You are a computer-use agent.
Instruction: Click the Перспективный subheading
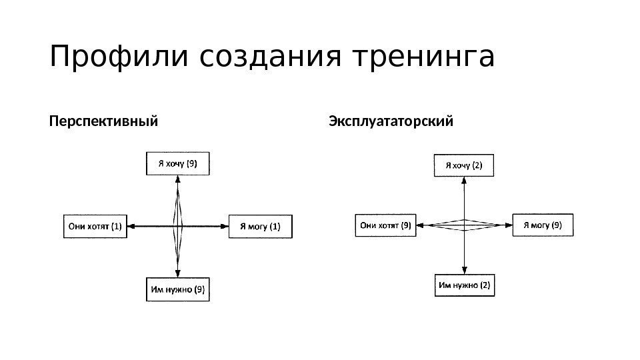(103, 123)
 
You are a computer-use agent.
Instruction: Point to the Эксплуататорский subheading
(391, 123)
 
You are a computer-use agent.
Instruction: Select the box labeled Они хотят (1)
(95, 226)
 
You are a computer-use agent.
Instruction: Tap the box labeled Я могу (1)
(260, 226)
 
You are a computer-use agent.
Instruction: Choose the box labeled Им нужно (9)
(177, 289)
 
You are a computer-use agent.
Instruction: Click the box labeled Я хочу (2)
(465, 165)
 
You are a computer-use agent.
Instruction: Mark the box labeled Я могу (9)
(543, 225)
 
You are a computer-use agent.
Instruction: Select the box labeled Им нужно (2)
(465, 286)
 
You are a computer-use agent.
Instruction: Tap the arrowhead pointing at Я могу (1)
(225, 227)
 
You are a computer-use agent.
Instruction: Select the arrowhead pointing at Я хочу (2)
(464, 181)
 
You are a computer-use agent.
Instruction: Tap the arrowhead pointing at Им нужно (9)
(178, 273)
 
